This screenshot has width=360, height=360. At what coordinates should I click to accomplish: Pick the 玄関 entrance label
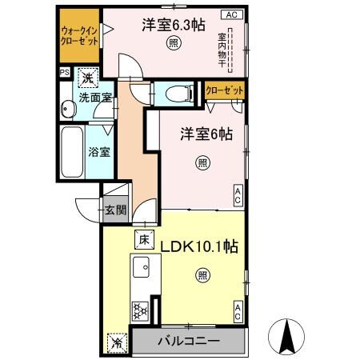tap(114, 211)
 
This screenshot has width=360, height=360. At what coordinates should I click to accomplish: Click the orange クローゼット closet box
tap(224, 90)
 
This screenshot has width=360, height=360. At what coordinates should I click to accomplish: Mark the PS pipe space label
tap(63, 71)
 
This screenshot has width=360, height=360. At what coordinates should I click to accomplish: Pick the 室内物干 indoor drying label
tap(222, 48)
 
